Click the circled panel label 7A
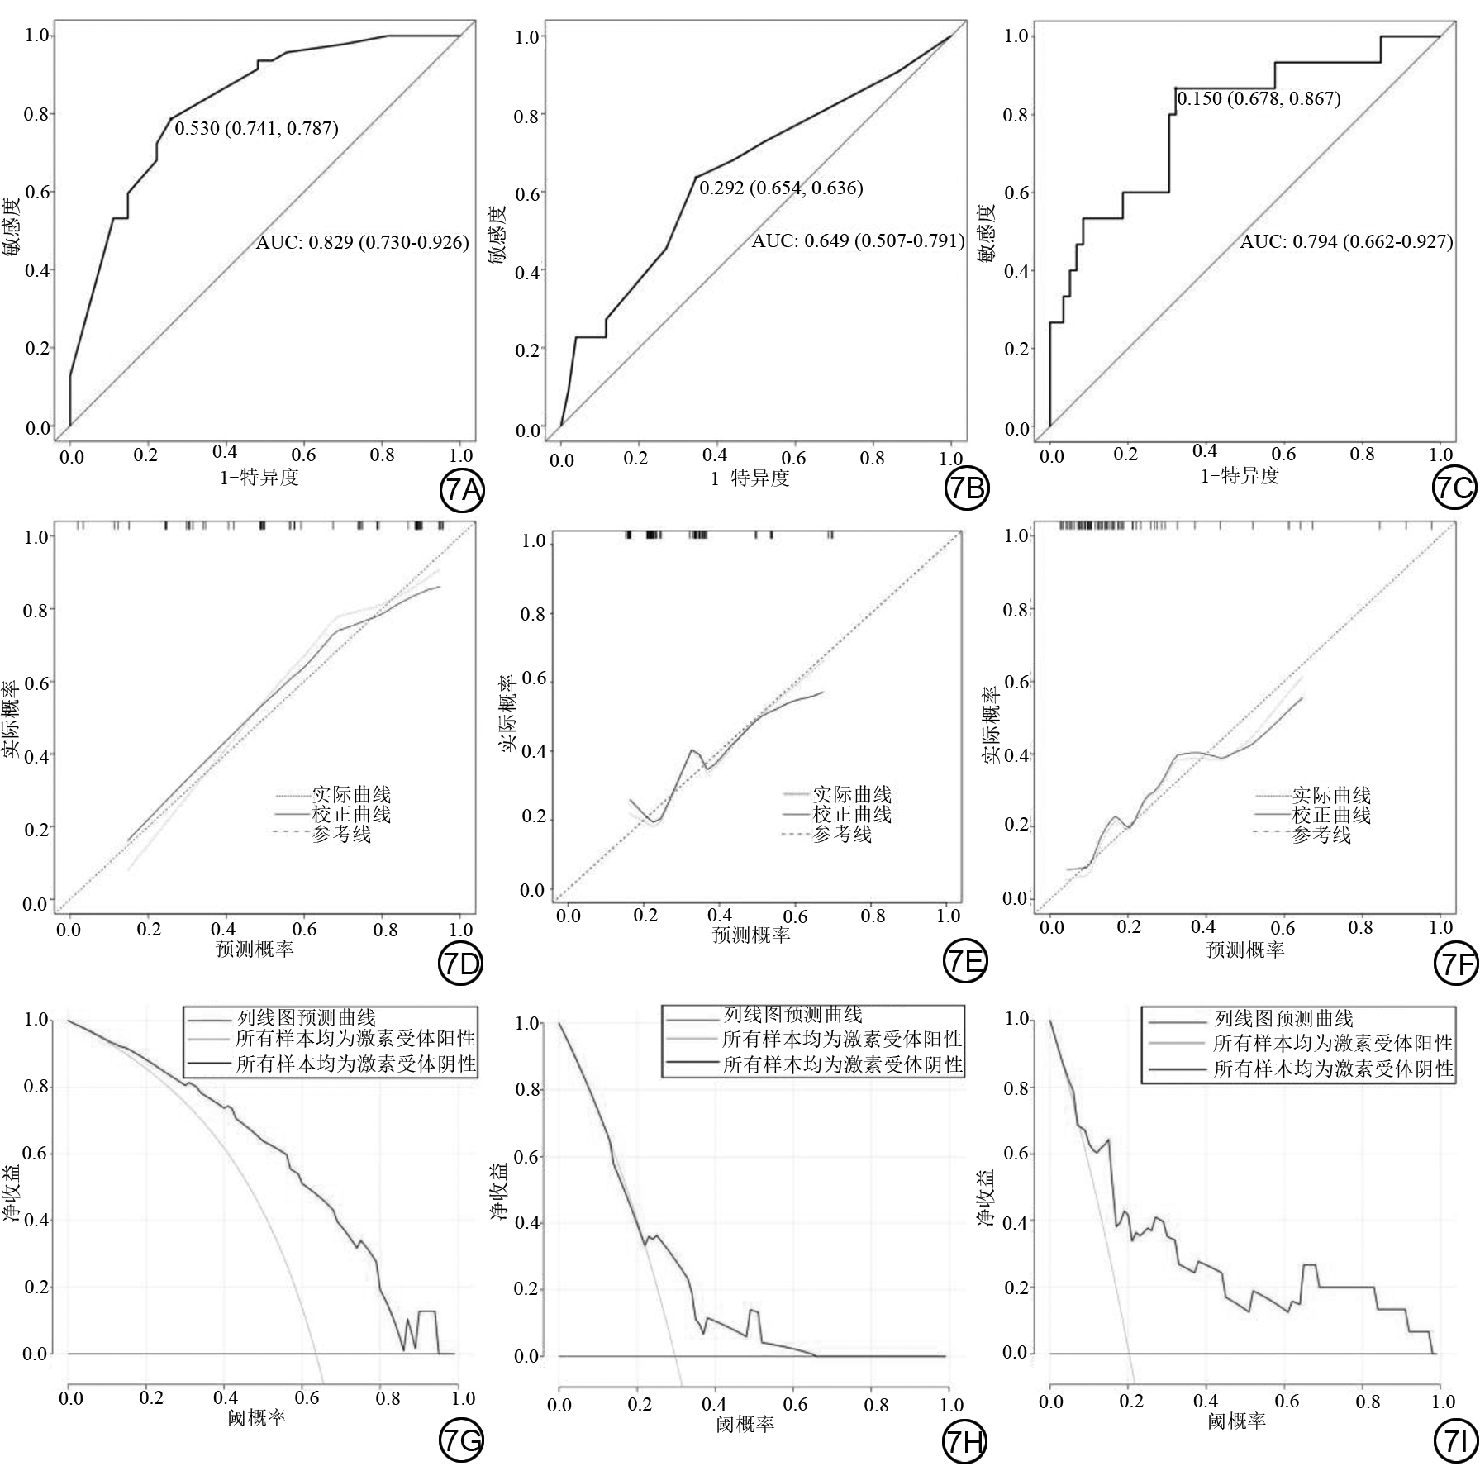coord(460,490)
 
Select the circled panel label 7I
coord(1454,1441)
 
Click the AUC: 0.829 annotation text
coord(362,243)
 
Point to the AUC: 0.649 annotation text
coord(858,241)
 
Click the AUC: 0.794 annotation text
coord(1346,242)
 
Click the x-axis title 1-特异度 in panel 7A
coord(259,477)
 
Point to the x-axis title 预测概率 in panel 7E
coord(751,935)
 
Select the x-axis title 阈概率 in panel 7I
coord(1236,1421)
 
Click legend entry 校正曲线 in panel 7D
coord(351,815)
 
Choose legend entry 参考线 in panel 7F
coord(1321,835)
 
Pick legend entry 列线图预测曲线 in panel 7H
coord(792,1015)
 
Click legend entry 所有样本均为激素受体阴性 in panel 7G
coord(355,1064)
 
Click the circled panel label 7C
coord(1454,489)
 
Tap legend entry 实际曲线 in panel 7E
coord(852,795)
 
